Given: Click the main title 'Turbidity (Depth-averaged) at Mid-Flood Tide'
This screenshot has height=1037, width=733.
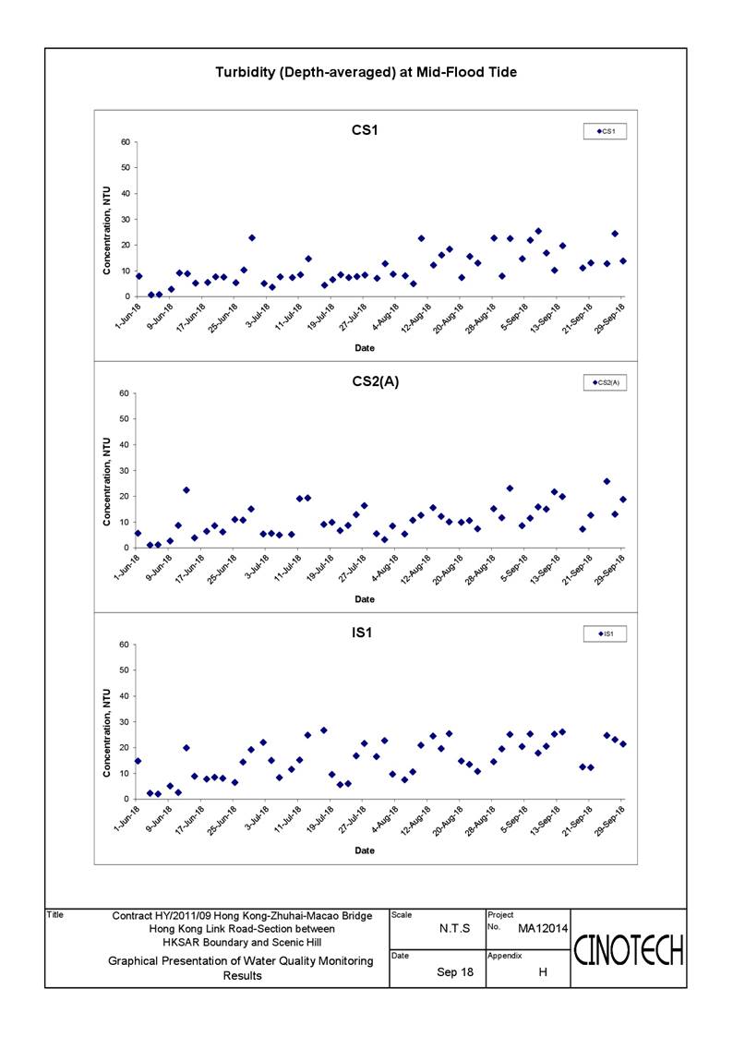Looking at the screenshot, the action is point(366,72).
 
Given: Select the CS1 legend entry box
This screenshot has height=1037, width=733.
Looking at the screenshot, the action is point(605,131).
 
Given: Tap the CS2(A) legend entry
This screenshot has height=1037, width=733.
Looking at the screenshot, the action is point(605,382).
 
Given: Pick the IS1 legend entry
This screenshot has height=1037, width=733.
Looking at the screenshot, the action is point(605,633).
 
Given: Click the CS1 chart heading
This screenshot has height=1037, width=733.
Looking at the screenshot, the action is point(365,130).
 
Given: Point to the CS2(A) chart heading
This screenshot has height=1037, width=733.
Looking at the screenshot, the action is point(376,381).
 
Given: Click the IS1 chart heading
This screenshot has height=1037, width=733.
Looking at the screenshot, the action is point(362,633).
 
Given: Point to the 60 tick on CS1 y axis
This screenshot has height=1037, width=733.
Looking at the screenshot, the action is point(125,142).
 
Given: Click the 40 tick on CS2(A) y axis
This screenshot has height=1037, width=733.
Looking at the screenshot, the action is point(125,445).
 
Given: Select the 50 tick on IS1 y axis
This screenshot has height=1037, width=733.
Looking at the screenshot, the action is point(125,670).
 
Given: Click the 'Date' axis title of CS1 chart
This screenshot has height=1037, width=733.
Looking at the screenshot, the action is point(365,348).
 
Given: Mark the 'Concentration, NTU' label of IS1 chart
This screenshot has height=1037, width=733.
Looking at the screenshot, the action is point(106,733).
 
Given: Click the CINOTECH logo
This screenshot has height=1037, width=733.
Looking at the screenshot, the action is point(628,951).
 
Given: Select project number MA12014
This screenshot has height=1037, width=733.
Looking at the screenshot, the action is point(543,929).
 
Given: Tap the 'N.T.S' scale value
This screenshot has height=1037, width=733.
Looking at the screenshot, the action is point(455,929).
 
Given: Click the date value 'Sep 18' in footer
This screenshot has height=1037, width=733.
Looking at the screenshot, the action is point(455,972).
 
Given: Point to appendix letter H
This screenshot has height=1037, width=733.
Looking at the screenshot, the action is point(543,972).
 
